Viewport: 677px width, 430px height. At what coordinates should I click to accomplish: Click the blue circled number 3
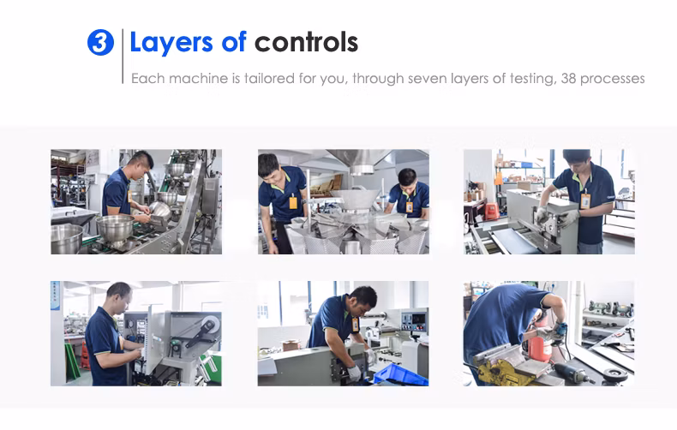pos(100,42)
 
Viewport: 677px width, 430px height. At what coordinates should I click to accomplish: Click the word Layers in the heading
pos(171,43)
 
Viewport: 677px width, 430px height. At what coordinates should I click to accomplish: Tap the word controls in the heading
pos(306,42)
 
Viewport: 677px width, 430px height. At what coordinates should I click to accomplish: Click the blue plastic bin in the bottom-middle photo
pos(400,374)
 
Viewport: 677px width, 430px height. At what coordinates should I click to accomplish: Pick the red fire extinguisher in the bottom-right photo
pos(540,343)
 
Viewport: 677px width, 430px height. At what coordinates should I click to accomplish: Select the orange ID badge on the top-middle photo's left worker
pos(293,202)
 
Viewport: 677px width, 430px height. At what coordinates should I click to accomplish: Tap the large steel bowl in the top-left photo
pos(115,226)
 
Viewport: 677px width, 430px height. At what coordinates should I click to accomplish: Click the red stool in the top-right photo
pos(492,211)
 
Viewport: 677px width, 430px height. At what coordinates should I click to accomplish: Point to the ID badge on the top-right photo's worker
pos(585,200)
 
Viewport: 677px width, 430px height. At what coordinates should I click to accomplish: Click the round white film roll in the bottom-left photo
pos(210,324)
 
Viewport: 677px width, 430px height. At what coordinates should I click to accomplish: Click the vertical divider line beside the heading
pos(123,57)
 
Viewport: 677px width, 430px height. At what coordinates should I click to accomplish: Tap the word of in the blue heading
pos(234,42)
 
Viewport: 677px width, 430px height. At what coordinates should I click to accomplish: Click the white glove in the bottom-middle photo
pos(355,373)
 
